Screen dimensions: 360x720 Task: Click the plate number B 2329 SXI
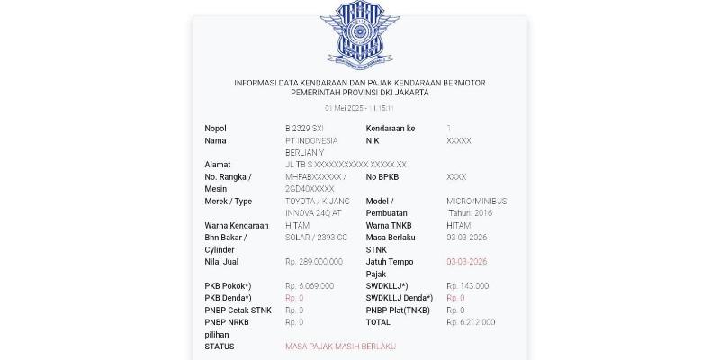click(304, 129)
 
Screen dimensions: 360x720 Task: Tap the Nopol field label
click(216, 129)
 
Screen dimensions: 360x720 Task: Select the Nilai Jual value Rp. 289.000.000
click(314, 262)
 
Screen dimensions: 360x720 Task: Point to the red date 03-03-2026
click(466, 262)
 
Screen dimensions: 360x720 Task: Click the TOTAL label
click(378, 322)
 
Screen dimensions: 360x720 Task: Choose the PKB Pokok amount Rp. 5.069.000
click(310, 286)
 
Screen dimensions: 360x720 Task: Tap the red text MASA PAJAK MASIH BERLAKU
click(340, 346)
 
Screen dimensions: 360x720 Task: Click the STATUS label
click(220, 346)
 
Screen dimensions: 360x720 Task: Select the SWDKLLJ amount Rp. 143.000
click(468, 286)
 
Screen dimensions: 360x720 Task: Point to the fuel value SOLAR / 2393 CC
click(316, 238)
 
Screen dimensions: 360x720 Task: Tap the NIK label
click(373, 141)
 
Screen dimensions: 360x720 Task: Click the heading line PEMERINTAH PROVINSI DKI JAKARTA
click(360, 93)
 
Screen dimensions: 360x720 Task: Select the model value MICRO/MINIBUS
click(476, 202)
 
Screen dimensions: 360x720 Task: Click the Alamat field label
click(218, 166)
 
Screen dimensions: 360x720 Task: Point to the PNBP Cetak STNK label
click(238, 310)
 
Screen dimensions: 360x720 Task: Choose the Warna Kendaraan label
click(237, 226)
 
